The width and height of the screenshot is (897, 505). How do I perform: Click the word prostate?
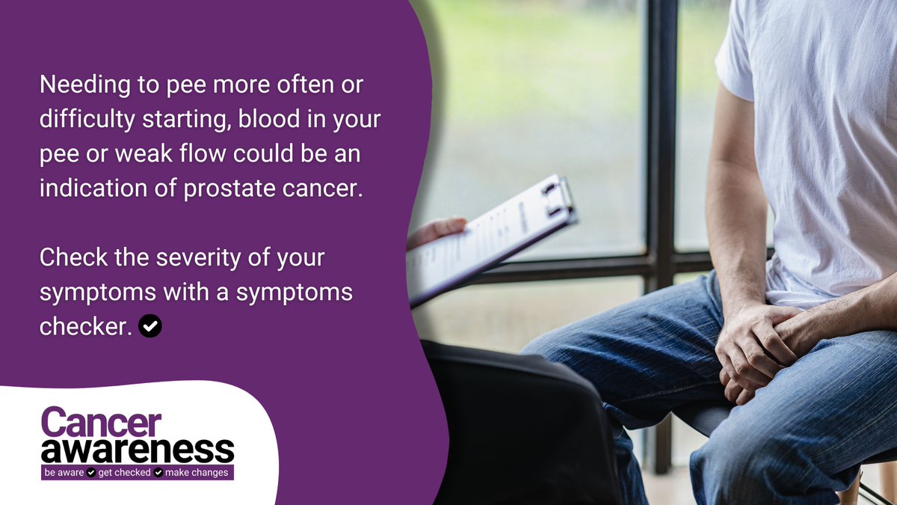(229, 189)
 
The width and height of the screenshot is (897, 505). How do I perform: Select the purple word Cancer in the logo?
(101, 423)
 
